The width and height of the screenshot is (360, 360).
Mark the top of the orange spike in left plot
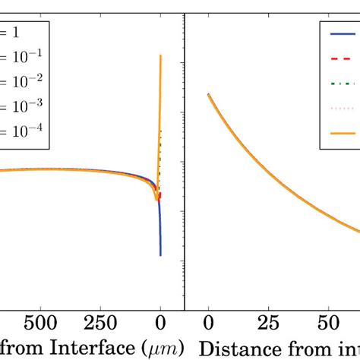tap(160, 55)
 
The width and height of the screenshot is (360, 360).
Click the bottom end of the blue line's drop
tap(160, 255)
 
